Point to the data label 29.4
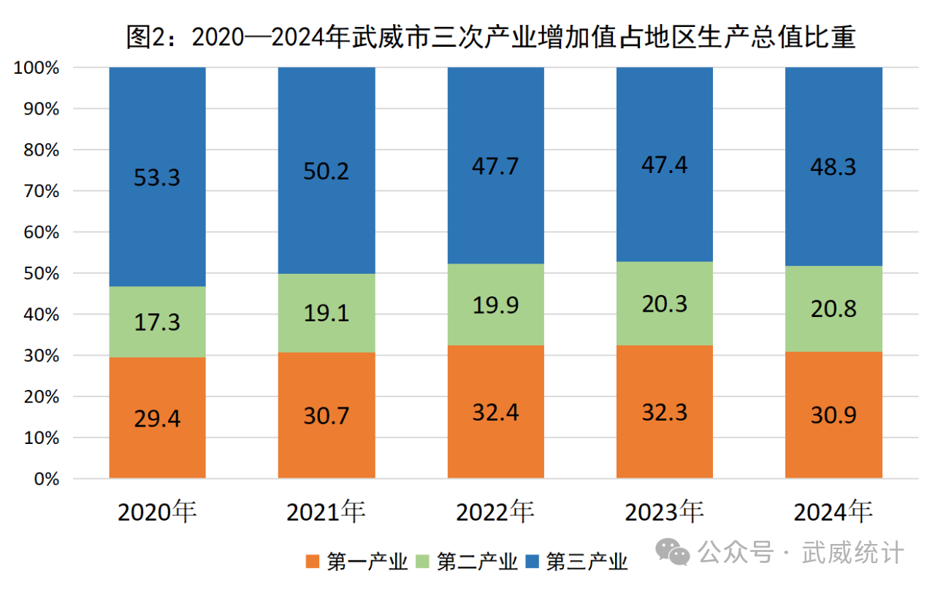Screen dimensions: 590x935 (157, 419)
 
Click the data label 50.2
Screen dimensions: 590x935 (327, 171)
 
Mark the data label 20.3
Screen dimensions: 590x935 (665, 302)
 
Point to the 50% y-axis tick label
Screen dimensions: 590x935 (39, 273)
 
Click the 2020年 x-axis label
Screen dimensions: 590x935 (157, 512)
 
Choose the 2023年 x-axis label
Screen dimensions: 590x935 (664, 512)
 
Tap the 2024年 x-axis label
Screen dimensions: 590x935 (833, 512)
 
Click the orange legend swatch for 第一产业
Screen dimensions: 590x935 (313, 562)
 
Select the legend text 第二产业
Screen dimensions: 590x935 (477, 562)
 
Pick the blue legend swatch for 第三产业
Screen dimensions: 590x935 (533, 562)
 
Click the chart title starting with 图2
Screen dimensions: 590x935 (491, 36)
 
